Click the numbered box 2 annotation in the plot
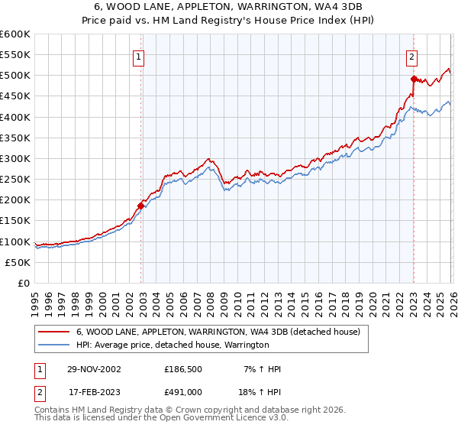pos(412,56)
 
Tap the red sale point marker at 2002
pos(141,206)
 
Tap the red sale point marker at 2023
pos(414,79)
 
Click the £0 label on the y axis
pos(23,283)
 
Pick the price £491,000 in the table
pos(183,392)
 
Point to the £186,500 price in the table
pos(183,369)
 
